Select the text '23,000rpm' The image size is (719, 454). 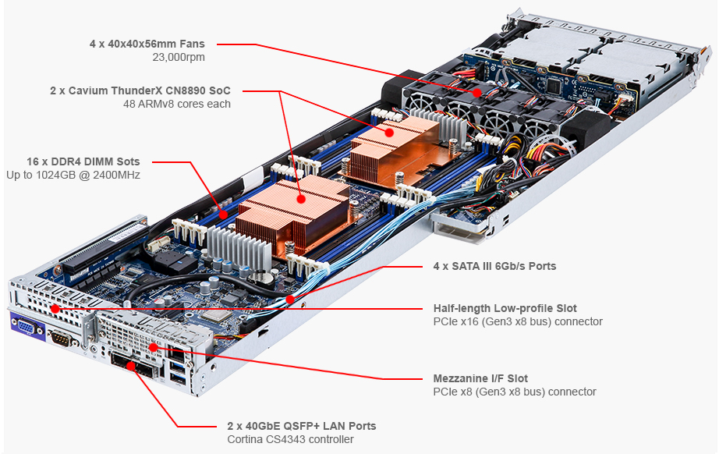click(179, 57)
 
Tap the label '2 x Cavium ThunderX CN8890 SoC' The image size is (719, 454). click(140, 90)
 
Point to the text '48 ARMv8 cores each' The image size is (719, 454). click(176, 104)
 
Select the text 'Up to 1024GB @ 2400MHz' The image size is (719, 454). click(73, 175)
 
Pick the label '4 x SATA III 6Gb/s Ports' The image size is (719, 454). click(494, 266)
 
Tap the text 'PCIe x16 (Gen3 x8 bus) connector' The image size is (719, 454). click(518, 321)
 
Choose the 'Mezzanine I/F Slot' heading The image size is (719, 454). click(480, 378)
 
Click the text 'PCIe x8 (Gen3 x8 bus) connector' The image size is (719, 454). click(515, 392)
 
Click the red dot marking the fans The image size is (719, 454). click(476, 92)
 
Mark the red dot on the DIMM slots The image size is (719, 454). click(223, 211)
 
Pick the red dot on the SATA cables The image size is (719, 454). click(289, 298)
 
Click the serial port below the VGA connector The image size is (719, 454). click(61, 338)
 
